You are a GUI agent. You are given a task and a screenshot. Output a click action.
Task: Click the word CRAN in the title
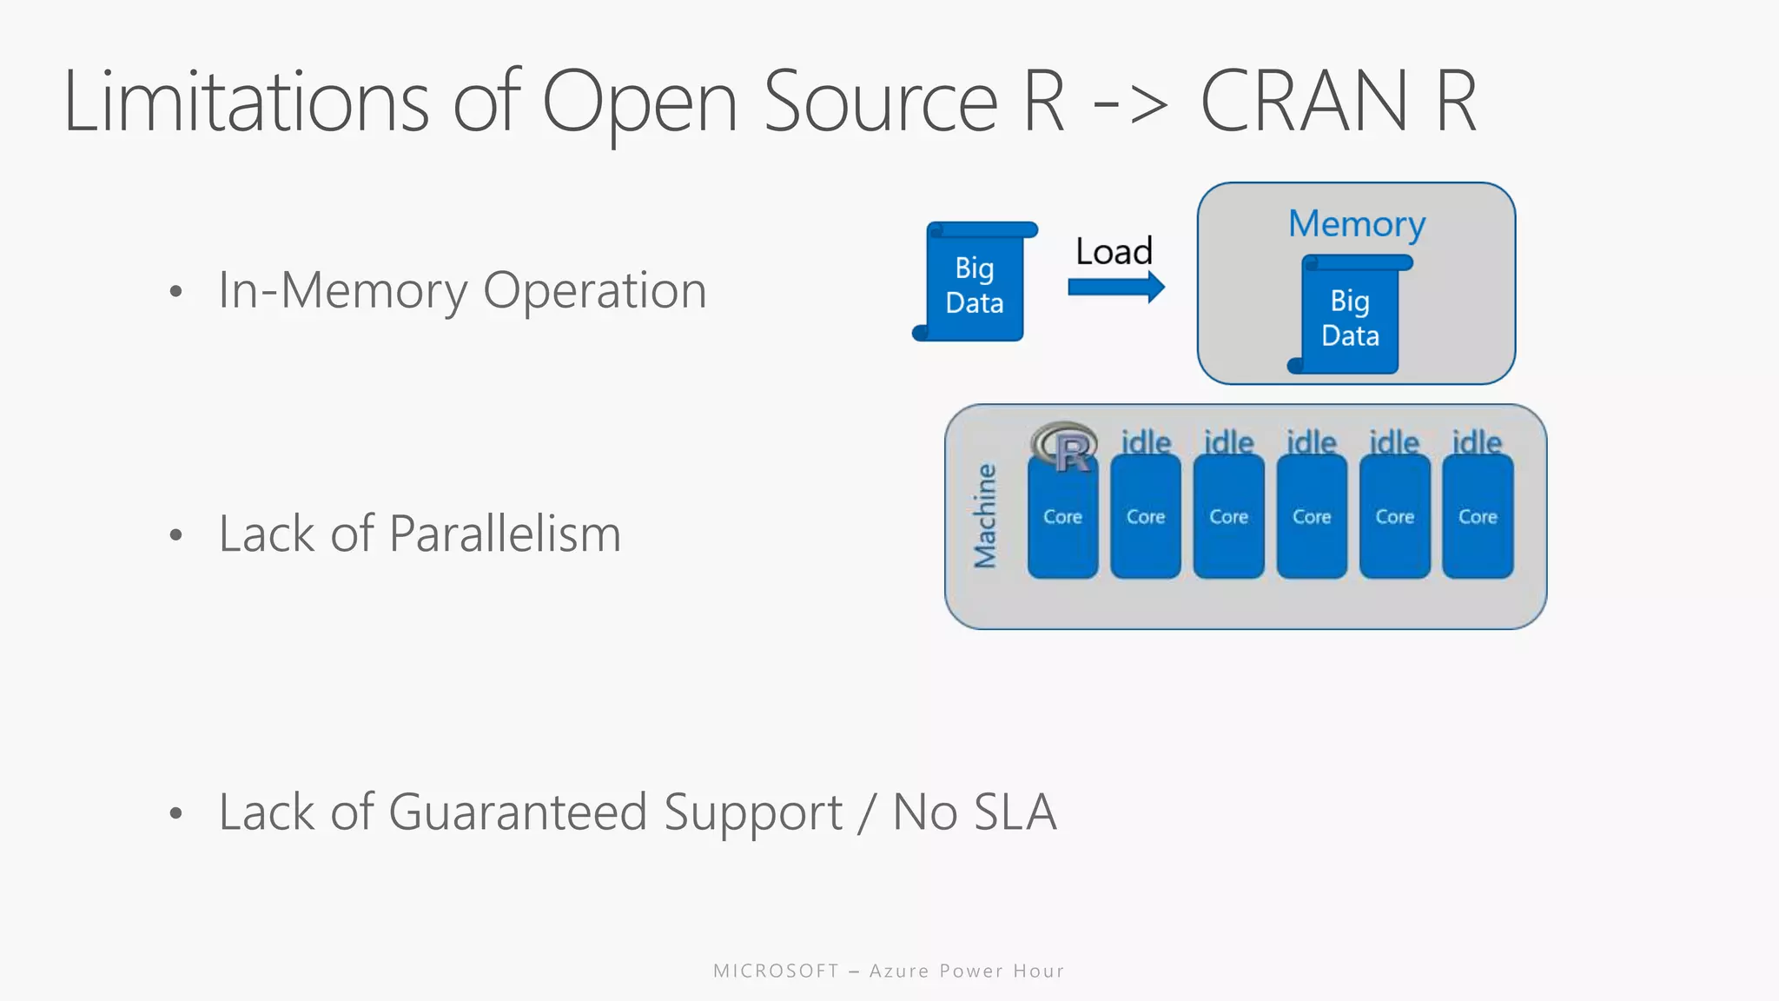click(1303, 103)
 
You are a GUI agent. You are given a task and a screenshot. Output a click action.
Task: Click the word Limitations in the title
click(246, 103)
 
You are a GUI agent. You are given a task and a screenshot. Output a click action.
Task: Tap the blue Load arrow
click(1115, 287)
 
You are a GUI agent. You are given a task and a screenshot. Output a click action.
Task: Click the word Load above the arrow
click(1114, 252)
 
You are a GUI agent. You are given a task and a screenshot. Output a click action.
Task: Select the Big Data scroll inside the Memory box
click(1350, 318)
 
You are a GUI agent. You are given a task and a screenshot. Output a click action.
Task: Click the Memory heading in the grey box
click(1356, 224)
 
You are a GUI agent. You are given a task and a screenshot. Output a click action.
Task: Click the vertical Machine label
click(985, 516)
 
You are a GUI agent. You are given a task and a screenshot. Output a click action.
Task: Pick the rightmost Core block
click(1478, 517)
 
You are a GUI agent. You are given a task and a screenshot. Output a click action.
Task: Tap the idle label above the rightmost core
click(1477, 442)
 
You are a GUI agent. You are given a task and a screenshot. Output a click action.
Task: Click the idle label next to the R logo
click(1146, 442)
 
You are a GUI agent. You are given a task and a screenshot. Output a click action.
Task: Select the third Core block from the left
click(1228, 517)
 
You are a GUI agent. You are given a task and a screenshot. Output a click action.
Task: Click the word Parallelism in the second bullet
click(505, 534)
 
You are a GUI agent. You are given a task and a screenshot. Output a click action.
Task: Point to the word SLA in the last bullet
click(1015, 812)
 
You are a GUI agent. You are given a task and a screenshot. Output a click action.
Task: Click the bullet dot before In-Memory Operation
click(176, 292)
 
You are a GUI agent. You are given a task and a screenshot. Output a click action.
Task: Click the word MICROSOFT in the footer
click(776, 971)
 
